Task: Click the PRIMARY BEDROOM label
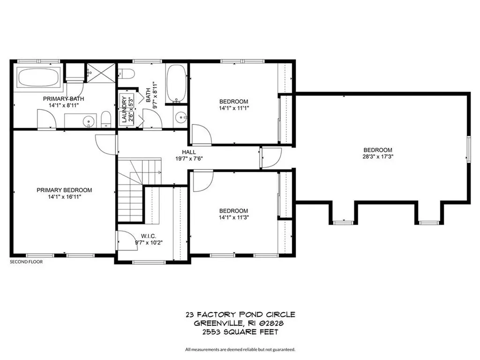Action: [x=64, y=190]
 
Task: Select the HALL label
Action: [x=189, y=152]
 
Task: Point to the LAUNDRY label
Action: [x=124, y=110]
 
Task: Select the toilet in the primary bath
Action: [x=106, y=120]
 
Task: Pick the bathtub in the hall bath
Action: [x=176, y=83]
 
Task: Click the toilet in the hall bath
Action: [x=127, y=74]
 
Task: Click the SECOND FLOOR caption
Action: [x=26, y=262]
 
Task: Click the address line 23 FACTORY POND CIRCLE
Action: [x=240, y=315]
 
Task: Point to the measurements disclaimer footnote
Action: [x=240, y=349]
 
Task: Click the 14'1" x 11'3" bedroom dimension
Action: [x=233, y=217]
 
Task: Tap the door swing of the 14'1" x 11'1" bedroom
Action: [x=201, y=135]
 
